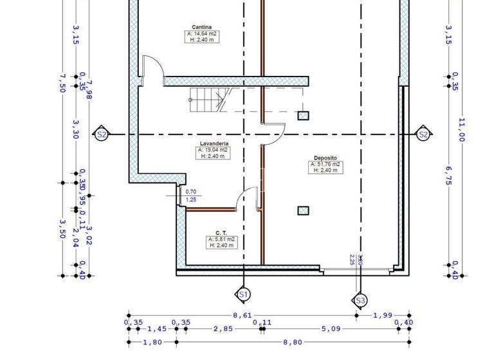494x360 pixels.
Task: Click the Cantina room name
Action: (201, 27)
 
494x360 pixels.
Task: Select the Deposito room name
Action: (325, 158)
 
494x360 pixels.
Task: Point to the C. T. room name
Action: (222, 233)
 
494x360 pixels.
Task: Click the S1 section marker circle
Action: (243, 294)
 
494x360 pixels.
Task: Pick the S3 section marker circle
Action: (360, 300)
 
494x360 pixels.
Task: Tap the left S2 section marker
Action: (101, 134)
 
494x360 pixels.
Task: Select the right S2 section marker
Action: (423, 134)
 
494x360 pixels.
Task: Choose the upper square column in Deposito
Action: (303, 116)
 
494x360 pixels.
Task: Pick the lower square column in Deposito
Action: (303, 210)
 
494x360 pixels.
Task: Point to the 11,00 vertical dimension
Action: (461, 129)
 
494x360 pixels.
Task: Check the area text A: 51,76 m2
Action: (325, 165)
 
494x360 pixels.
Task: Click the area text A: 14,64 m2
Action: (201, 33)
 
